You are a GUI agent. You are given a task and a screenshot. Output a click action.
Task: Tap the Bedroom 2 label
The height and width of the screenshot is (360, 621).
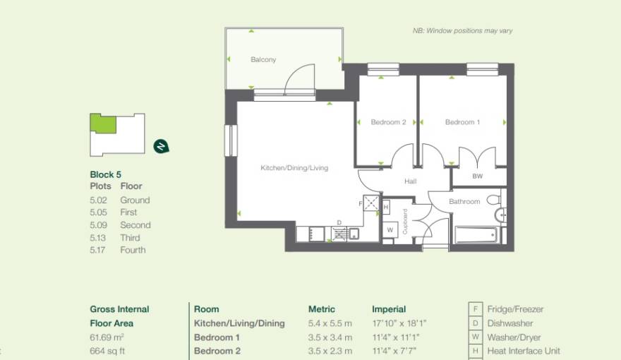pos(388,122)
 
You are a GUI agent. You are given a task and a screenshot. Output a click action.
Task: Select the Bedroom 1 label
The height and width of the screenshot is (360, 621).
pos(462,122)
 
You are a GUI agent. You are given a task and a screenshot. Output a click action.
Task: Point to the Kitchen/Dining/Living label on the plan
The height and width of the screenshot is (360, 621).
pos(294,168)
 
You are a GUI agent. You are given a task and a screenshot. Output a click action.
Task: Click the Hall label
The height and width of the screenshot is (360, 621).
pos(410,181)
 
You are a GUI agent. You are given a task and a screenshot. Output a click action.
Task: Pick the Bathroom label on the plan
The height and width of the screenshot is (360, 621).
pos(464,201)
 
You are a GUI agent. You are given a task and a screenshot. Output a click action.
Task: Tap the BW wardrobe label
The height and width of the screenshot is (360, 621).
pos(478,176)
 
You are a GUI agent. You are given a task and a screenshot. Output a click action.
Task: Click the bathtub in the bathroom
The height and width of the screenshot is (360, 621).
pos(476,234)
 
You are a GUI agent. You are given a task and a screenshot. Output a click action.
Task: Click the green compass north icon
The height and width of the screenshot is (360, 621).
pos(161,147)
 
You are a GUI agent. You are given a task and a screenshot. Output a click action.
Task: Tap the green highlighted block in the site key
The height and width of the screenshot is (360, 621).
pos(102,124)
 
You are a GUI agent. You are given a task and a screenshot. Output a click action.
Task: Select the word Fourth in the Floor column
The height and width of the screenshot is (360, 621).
pos(133,250)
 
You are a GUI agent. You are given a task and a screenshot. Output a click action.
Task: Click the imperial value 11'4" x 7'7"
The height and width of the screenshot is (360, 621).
pos(397,351)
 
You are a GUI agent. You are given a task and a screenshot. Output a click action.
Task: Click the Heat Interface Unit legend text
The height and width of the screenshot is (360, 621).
pos(524,351)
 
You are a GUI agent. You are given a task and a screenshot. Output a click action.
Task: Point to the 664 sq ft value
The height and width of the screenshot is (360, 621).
pos(108,351)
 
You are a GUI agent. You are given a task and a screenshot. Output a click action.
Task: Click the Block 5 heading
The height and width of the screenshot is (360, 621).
pos(106,174)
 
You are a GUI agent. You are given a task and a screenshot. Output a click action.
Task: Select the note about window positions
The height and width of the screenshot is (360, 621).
pos(463,31)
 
